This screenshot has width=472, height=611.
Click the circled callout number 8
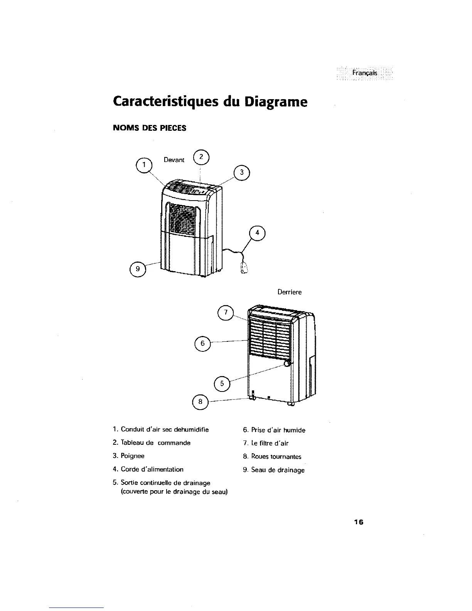200,402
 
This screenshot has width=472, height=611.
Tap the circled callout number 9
137,268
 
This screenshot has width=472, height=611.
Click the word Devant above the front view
174,160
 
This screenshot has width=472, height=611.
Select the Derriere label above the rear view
290,292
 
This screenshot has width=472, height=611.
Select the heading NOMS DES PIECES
149,128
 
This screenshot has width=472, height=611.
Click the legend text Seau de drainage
278,470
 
